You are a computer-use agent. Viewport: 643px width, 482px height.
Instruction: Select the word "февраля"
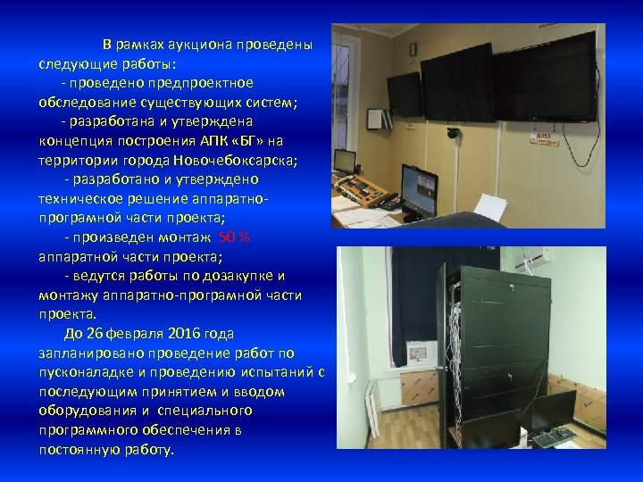tap(138, 334)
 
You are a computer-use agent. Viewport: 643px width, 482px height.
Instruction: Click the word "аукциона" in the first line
tap(205, 45)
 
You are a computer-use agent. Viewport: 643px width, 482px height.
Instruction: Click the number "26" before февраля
tap(96, 334)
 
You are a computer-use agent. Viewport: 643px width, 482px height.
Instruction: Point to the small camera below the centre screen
tap(454, 134)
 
